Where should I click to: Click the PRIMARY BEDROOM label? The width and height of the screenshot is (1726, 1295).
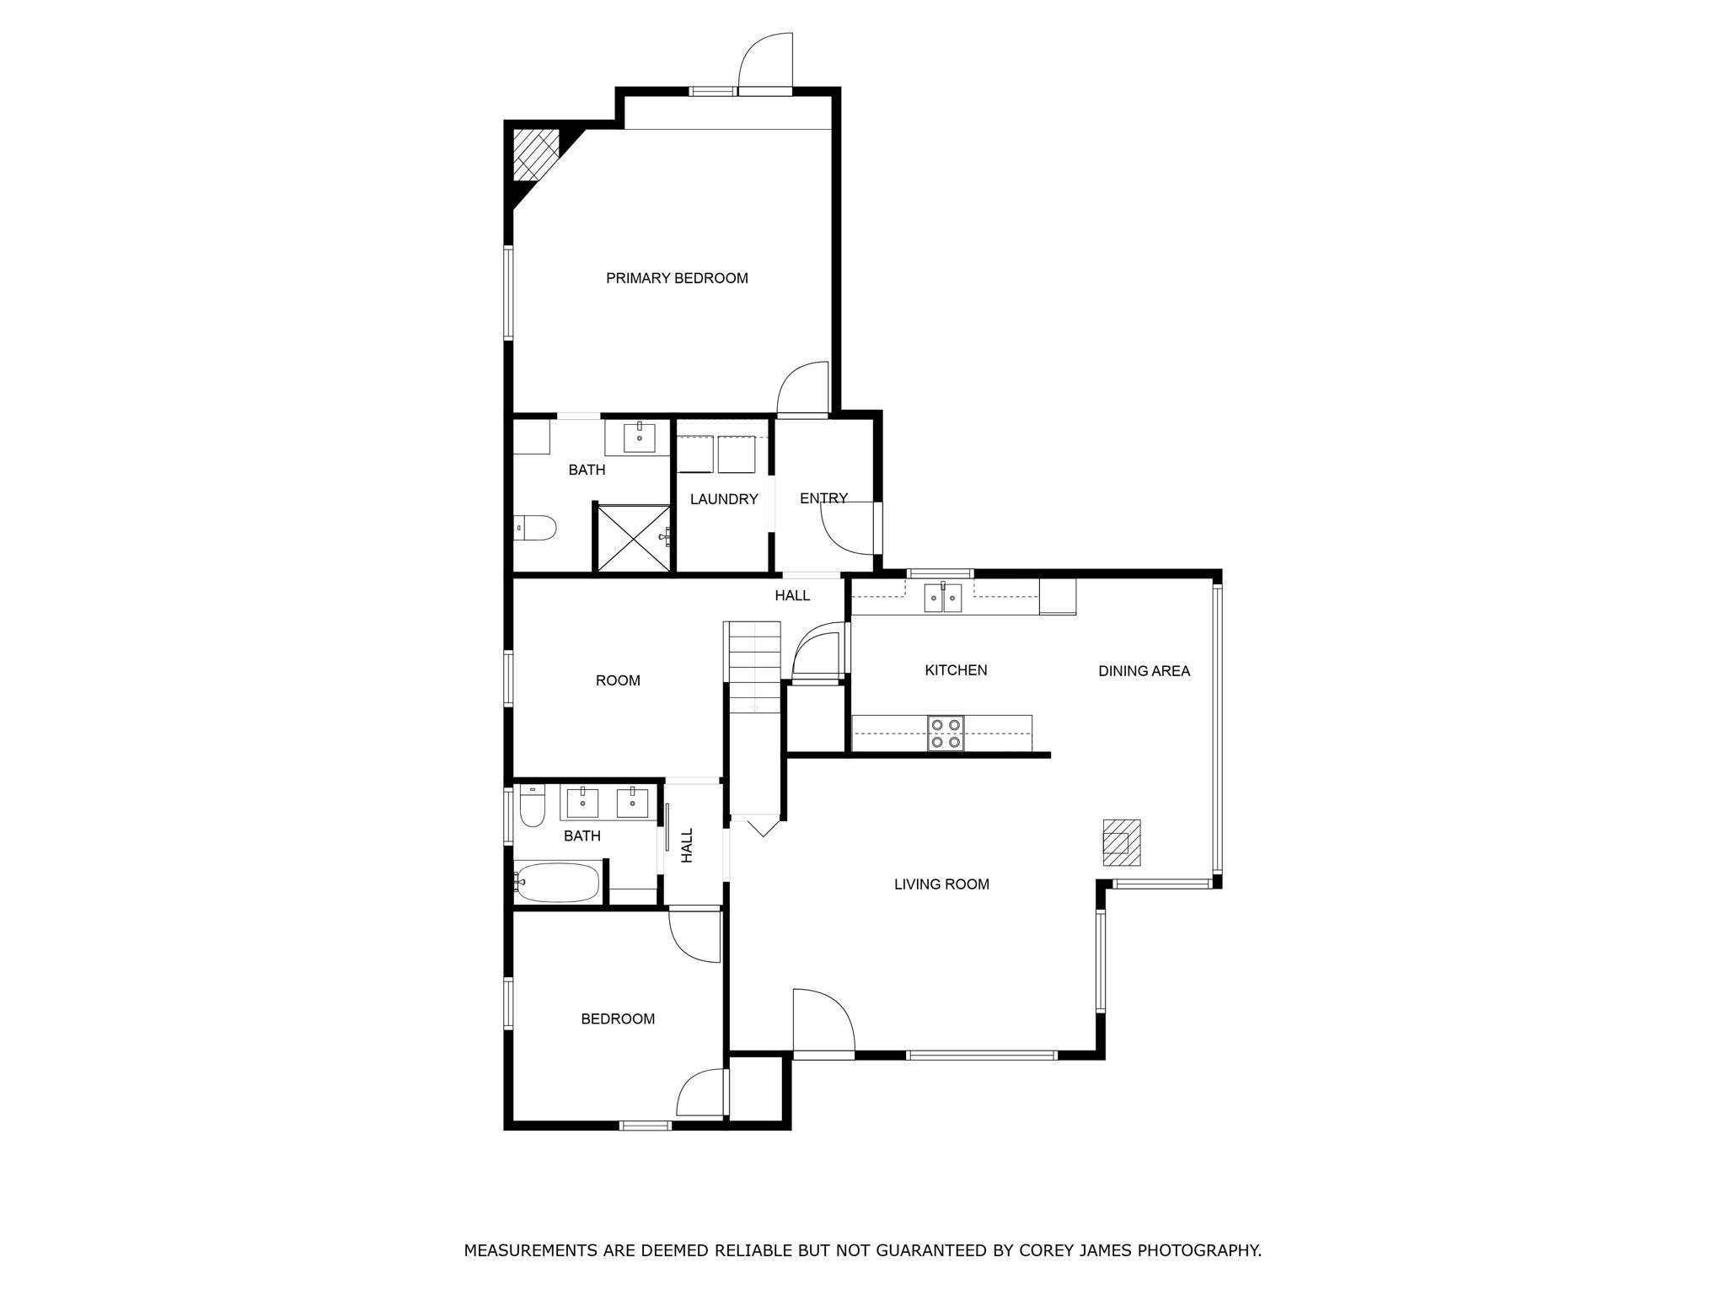677,278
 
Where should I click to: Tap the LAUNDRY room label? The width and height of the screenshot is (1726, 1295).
724,499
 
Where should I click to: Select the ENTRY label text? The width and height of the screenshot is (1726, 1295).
823,498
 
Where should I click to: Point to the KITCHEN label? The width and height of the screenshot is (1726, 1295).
956,670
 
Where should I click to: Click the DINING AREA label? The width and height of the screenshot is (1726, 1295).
1144,671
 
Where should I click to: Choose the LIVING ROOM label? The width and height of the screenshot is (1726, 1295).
941,884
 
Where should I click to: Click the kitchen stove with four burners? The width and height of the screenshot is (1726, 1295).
946,733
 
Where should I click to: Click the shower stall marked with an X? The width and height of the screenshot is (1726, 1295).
634,537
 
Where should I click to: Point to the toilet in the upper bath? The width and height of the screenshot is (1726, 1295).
535,529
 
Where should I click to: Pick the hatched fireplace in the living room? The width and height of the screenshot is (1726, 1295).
1122,842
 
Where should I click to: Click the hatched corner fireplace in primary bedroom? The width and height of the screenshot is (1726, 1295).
534,153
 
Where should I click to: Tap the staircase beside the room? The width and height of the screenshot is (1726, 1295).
754,666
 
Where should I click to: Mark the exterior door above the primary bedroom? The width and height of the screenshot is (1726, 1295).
766,61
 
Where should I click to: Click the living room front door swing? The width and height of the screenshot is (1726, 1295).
823,1021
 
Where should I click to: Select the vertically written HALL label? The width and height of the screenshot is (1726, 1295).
687,845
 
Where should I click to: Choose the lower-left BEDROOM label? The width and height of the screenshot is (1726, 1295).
618,1019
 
